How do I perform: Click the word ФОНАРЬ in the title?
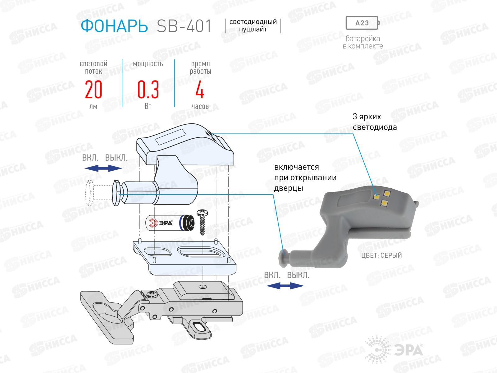114,26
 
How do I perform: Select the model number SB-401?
184,26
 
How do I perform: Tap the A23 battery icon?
362,23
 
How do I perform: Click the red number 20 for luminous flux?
93,90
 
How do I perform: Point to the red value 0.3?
148,90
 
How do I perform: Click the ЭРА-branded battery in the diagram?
170,223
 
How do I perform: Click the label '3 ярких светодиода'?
375,122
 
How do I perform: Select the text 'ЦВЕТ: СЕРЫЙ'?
381,256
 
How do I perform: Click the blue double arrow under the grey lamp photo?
285,286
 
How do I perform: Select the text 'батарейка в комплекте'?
363,43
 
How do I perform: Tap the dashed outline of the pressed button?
90,193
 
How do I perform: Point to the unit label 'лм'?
93,107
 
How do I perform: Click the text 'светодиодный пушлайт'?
253,26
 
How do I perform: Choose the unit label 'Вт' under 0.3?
148,106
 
